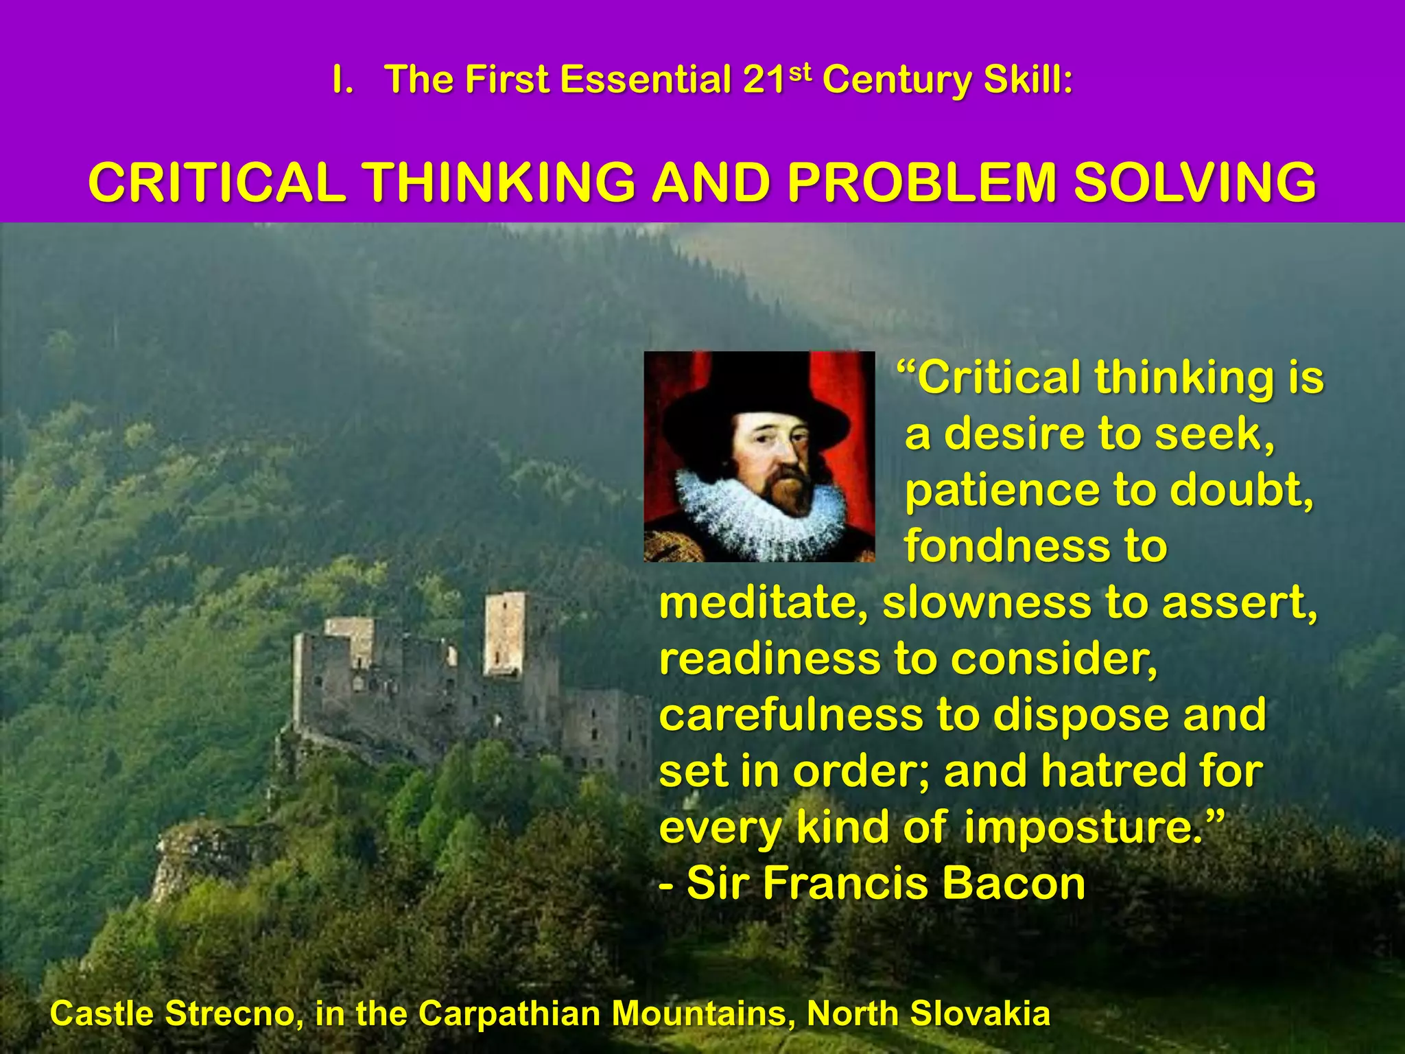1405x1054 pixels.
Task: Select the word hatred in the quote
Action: tap(1115, 771)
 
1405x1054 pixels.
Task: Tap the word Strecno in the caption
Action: tap(230, 1014)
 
